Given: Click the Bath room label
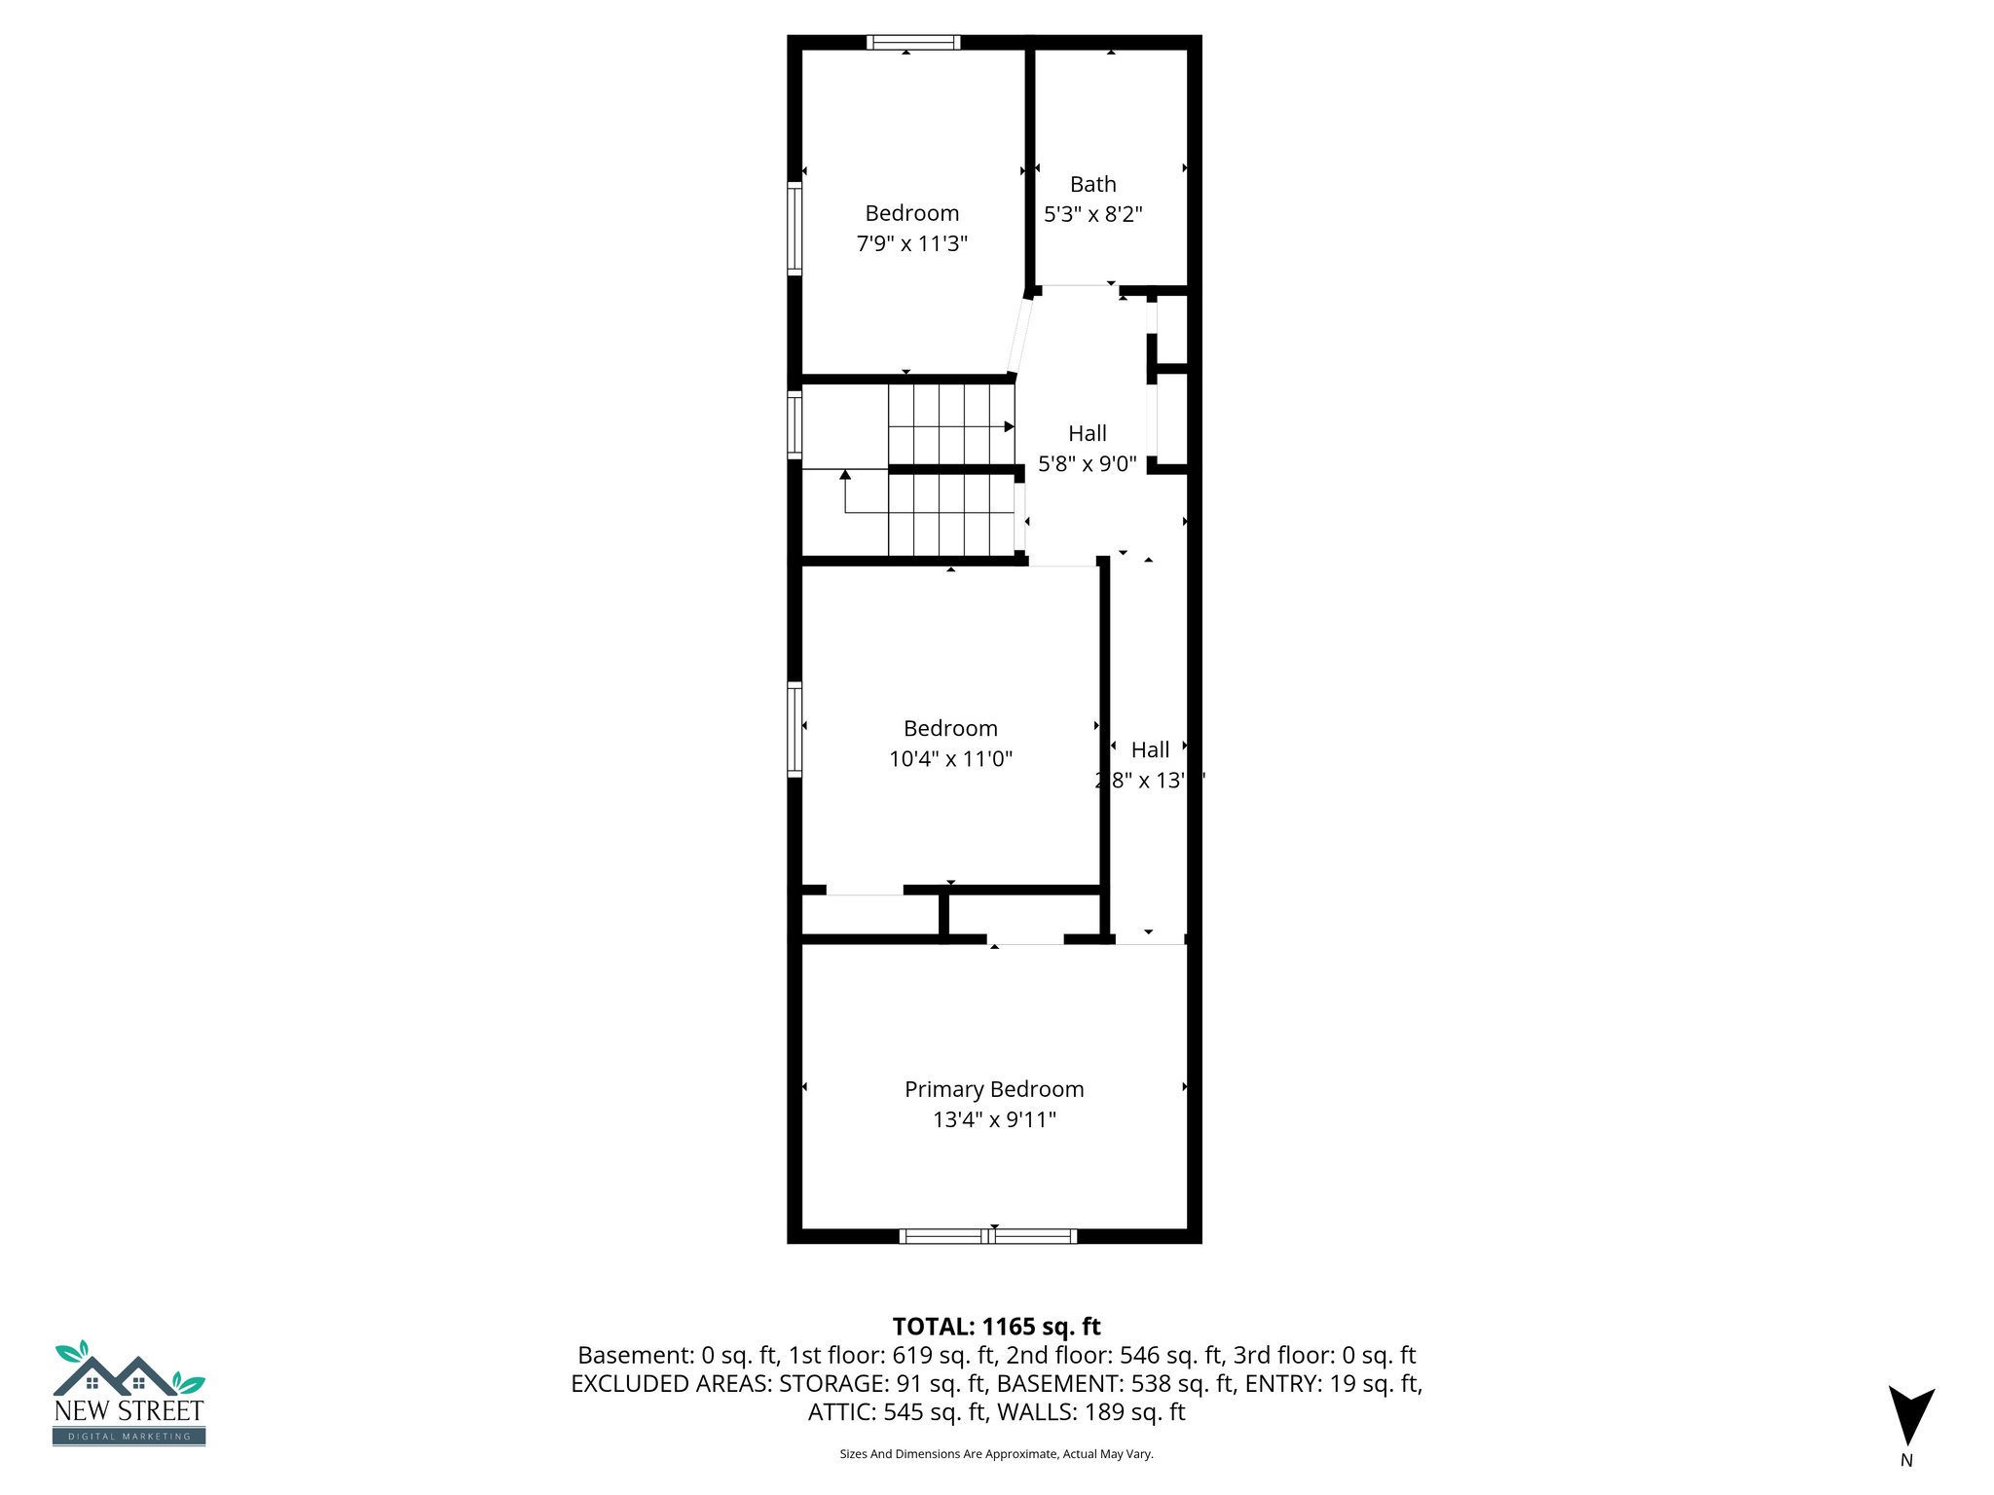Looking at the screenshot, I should click(x=1092, y=184).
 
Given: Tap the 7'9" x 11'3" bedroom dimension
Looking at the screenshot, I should click(x=911, y=243).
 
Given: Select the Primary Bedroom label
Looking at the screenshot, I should click(x=994, y=1089).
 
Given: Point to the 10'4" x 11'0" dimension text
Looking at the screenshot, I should click(x=950, y=758).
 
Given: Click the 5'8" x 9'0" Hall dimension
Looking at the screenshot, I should click(x=1087, y=463).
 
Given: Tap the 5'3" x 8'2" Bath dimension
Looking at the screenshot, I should click(x=1092, y=214).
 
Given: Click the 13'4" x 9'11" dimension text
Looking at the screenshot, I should click(x=994, y=1119).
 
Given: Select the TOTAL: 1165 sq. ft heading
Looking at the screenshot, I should click(x=996, y=1327).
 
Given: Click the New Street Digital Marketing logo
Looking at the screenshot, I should click(x=129, y=1393).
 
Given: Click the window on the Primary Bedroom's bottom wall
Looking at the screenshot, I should click(x=988, y=1236).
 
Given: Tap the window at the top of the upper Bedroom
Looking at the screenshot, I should click(x=913, y=42).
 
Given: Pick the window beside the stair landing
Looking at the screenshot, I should click(x=794, y=424).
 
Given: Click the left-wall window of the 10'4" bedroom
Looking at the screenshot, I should click(x=794, y=729).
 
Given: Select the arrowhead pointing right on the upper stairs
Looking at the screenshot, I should click(x=1010, y=426).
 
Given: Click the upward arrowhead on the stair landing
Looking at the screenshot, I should click(x=845, y=475).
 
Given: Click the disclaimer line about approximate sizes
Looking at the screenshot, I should click(x=996, y=1454).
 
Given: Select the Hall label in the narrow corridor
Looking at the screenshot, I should click(x=1150, y=749).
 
